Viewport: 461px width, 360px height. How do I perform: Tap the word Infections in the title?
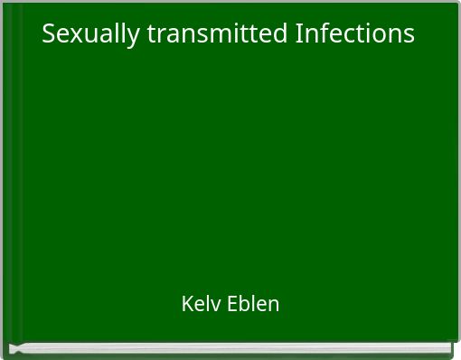pos(354,34)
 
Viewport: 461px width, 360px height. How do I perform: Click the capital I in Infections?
pos(299,34)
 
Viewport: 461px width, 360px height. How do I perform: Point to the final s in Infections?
pos(409,35)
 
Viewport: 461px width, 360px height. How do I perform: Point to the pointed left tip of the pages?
pos(12,348)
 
